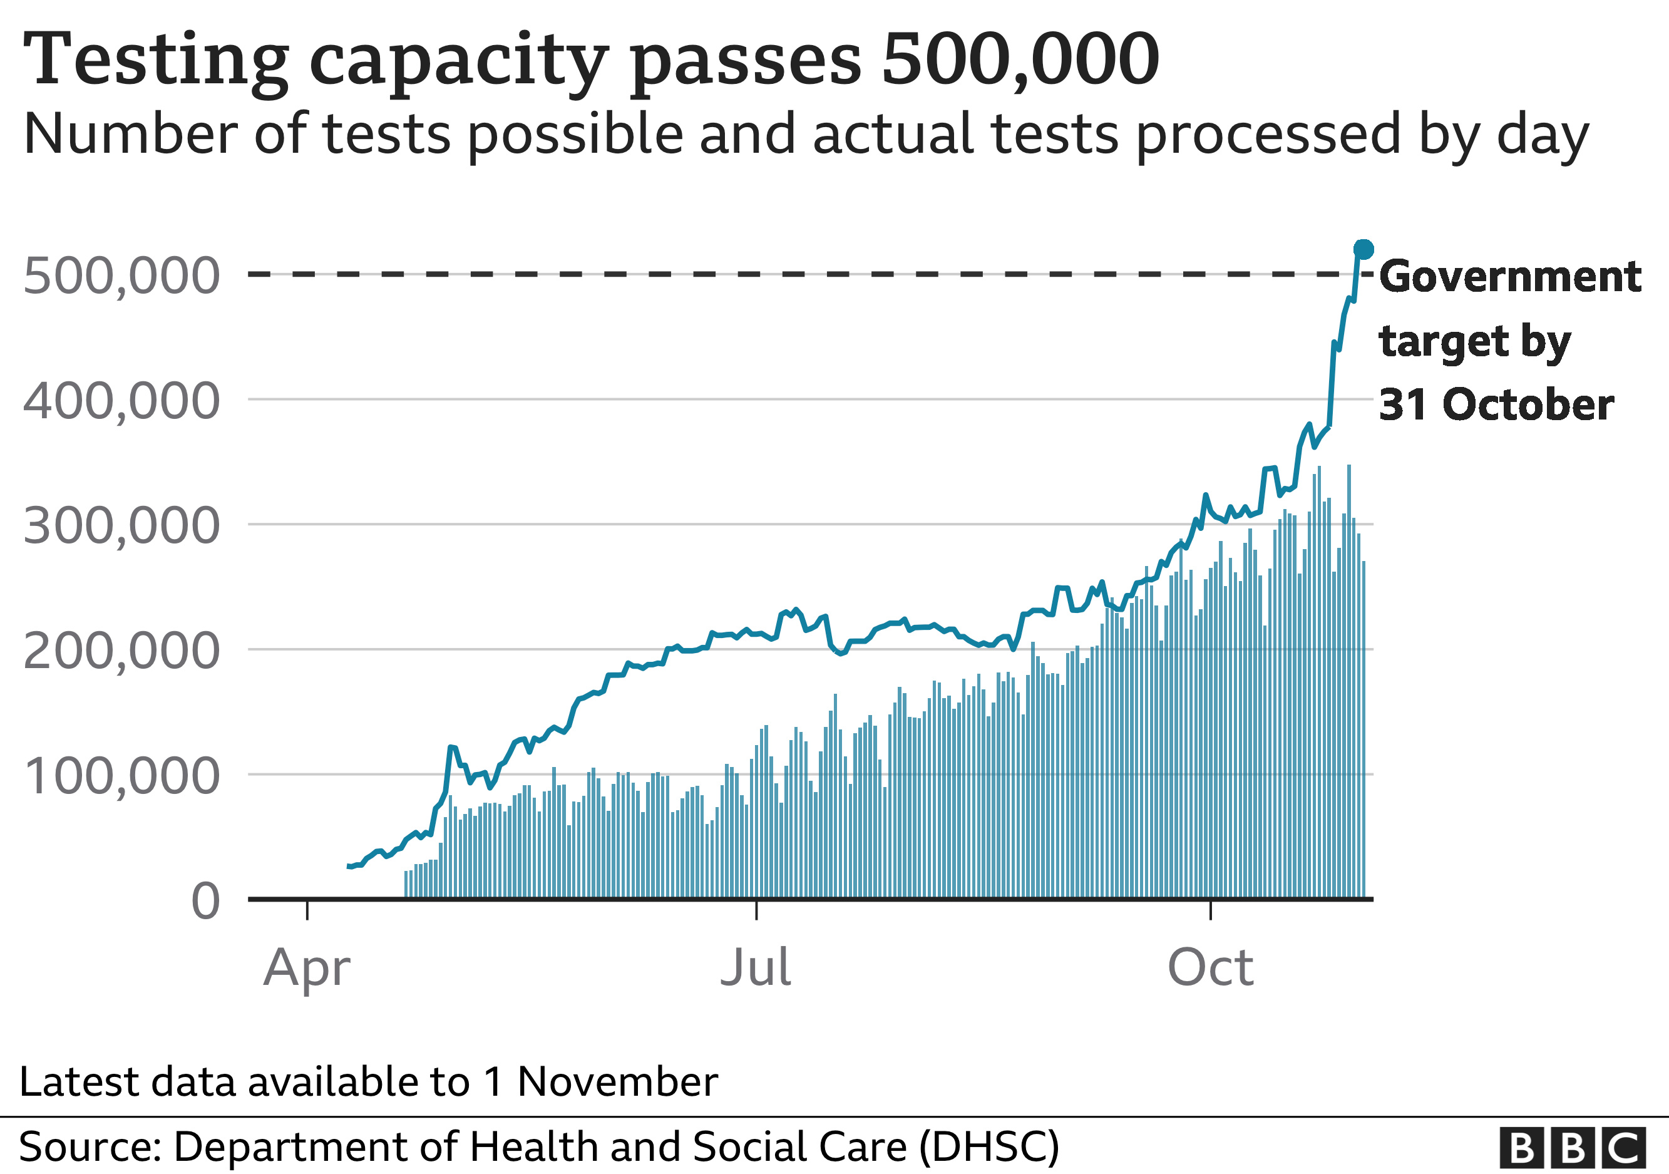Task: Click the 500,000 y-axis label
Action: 121,275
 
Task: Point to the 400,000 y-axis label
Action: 121,401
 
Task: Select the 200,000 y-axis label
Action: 121,651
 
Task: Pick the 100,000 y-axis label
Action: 121,776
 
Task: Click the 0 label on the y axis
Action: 206,902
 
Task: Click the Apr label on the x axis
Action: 307,968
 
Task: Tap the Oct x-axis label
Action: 1210,967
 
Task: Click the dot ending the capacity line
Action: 1363,249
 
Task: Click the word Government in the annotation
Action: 1510,276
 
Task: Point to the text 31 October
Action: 1496,404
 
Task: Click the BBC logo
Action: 1573,1148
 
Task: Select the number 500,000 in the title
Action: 1020,59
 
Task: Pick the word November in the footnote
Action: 617,1082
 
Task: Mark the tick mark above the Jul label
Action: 756,910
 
